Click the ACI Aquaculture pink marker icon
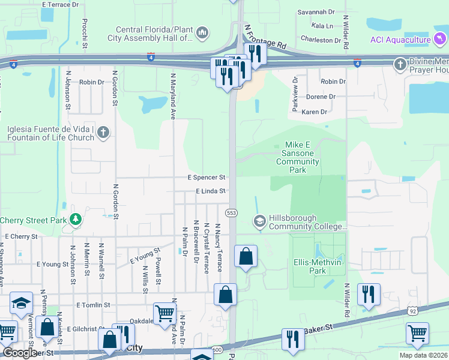tap(441, 40)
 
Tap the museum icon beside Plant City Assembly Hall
tap(202, 32)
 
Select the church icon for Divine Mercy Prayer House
tap(400, 64)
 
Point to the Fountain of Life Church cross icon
tap(103, 132)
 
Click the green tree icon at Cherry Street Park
tap(76, 220)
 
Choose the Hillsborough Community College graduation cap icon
tap(259, 221)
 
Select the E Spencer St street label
tap(206, 178)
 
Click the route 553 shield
tap(231, 213)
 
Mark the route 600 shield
tap(217, 350)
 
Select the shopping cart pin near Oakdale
tap(164, 313)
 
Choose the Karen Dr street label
tap(315, 112)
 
